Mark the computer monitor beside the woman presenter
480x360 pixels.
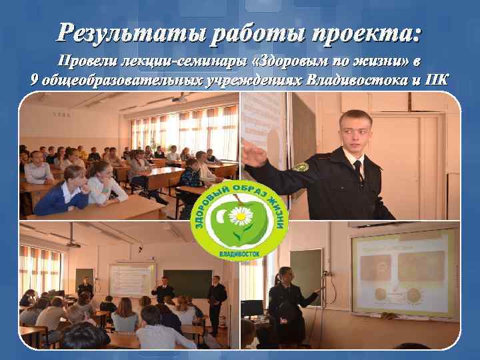(251, 308)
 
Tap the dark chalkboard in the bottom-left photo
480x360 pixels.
(187, 283)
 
